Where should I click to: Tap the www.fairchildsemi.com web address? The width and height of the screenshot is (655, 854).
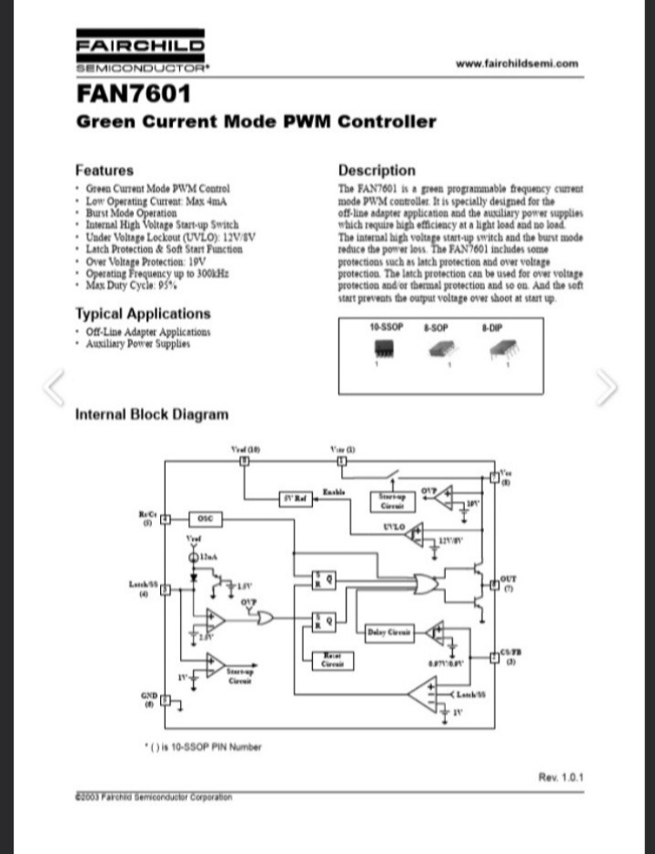tap(516, 64)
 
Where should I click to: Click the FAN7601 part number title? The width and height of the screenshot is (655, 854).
tap(133, 94)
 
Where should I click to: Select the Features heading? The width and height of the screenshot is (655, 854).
tap(104, 170)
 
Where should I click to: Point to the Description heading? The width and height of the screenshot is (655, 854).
tap(377, 170)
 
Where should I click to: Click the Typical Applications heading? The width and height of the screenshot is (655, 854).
tap(143, 314)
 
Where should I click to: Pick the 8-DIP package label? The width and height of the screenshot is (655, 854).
tap(492, 326)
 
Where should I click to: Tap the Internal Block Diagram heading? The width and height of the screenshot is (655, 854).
tap(152, 415)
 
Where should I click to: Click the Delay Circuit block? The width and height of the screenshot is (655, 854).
tap(388, 632)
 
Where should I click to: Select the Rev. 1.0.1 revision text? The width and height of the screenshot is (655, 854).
tap(561, 777)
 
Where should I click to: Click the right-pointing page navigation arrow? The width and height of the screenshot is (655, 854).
tap(607, 387)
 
